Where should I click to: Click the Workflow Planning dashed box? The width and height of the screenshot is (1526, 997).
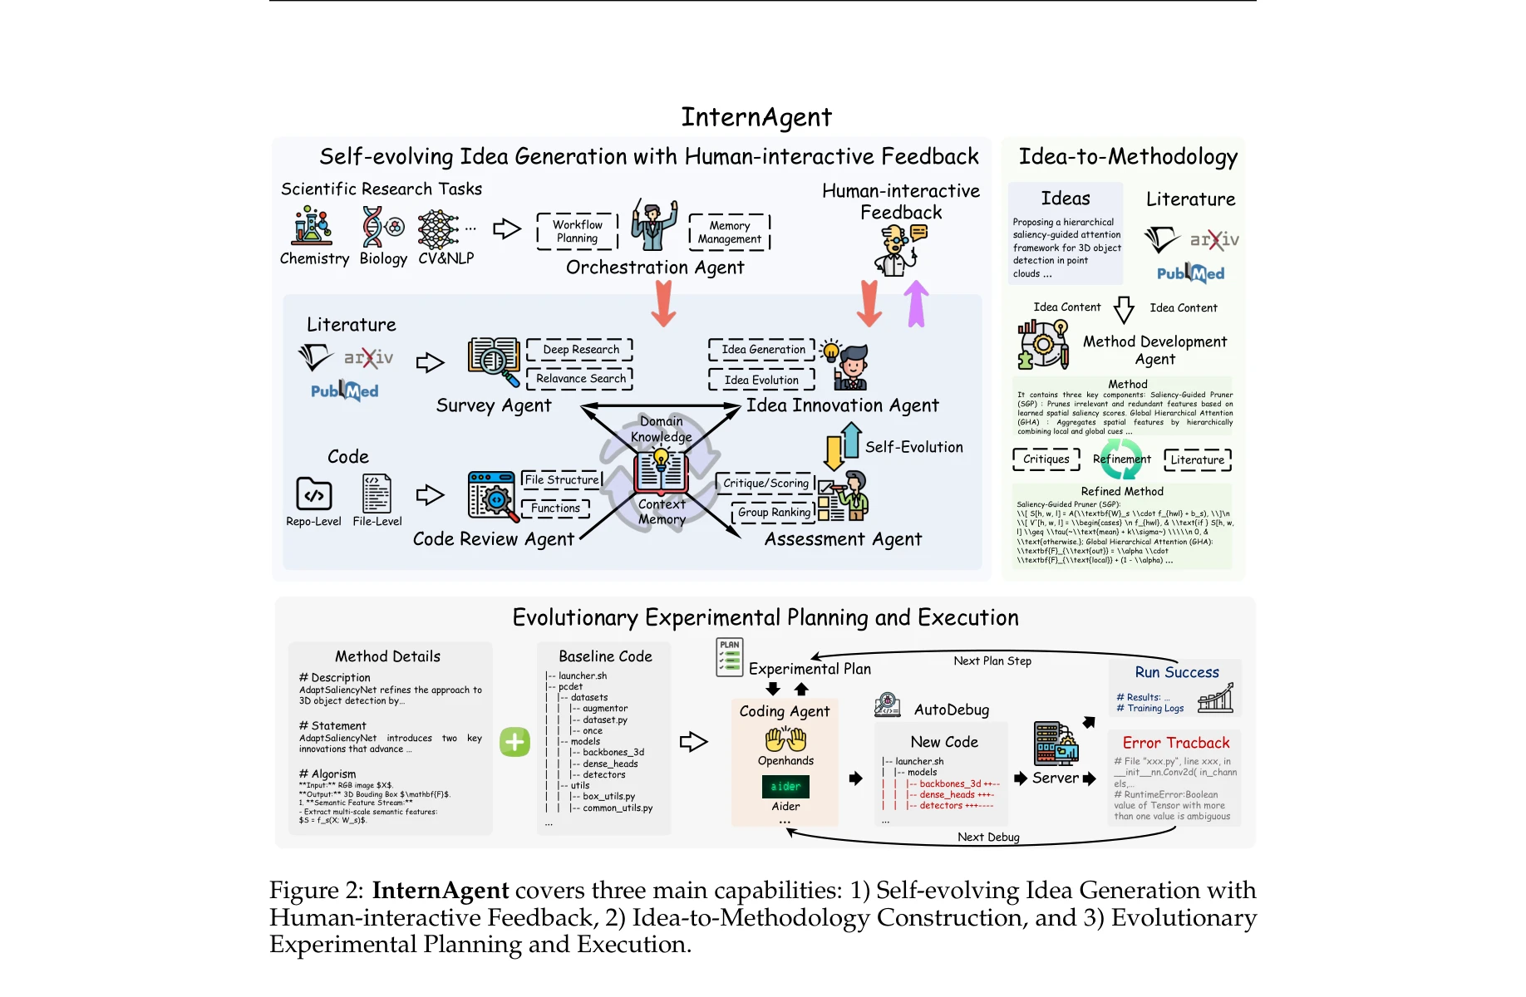pyautogui.click(x=578, y=232)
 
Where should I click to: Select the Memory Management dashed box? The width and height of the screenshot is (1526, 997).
pyautogui.click(x=729, y=233)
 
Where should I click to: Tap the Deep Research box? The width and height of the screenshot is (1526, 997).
pyautogui.click(x=580, y=350)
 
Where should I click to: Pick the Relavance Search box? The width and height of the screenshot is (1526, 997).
pyautogui.click(x=580, y=379)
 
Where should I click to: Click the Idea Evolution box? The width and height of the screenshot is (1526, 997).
pyautogui.click(x=761, y=380)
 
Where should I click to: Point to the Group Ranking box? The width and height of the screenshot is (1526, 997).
pyautogui.click(x=773, y=513)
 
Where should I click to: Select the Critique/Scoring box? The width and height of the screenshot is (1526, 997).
pyautogui.click(x=765, y=484)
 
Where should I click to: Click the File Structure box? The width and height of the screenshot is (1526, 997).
pyautogui.click(x=562, y=480)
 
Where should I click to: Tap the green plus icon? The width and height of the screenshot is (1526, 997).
pyautogui.click(x=514, y=742)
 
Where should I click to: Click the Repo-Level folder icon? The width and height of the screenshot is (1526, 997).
pyautogui.click(x=313, y=494)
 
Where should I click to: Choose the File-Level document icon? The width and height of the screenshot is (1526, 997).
pyautogui.click(x=377, y=494)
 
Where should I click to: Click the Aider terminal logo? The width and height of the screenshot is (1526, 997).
pyautogui.click(x=785, y=786)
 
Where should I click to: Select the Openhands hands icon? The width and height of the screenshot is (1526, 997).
pyautogui.click(x=785, y=739)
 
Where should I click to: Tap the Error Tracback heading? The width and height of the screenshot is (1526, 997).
pyautogui.click(x=1175, y=743)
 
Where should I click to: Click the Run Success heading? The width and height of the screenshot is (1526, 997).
pyautogui.click(x=1176, y=673)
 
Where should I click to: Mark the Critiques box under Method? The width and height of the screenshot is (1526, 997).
pyautogui.click(x=1046, y=459)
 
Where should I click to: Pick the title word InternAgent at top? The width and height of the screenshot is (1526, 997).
pyautogui.click(x=756, y=117)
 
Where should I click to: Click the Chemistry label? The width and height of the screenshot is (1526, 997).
pyautogui.click(x=314, y=258)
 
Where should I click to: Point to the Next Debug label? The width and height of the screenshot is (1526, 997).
pyautogui.click(x=988, y=837)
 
